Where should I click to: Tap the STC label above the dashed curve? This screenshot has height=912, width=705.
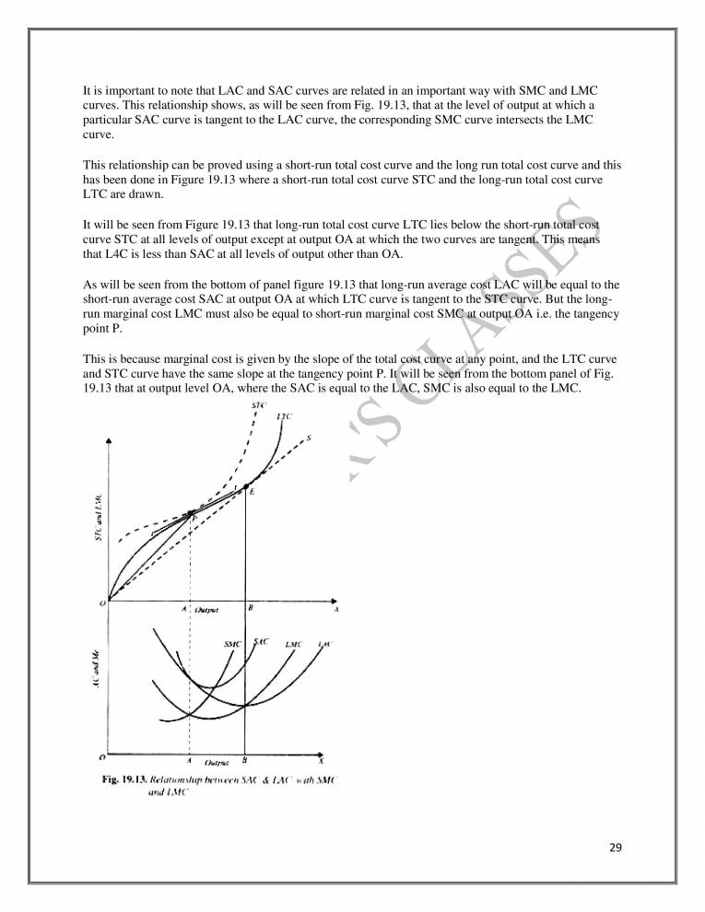[258, 406]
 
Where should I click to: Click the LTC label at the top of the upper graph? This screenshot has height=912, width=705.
[285, 417]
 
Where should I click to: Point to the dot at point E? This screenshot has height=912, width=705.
[245, 485]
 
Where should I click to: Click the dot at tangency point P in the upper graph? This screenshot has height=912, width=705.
[191, 512]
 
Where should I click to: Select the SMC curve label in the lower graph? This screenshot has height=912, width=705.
[232, 644]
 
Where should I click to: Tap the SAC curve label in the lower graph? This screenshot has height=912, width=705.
[260, 641]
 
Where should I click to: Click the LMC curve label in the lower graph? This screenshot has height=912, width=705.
[295, 644]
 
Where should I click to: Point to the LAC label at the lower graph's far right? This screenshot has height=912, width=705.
[323, 643]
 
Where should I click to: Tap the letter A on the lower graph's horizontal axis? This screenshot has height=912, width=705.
[189, 761]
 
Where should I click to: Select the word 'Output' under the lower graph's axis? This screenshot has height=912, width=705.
[217, 762]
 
